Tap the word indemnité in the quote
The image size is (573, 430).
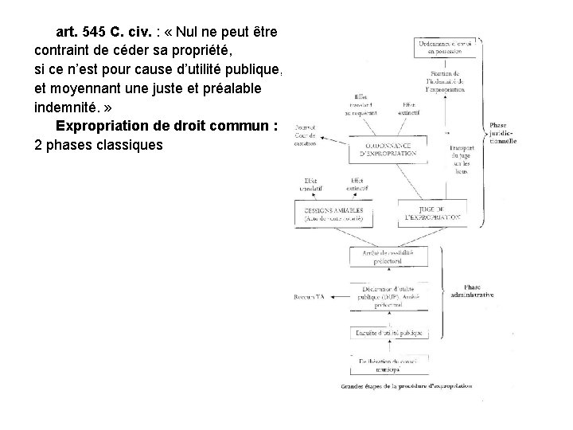(70, 107)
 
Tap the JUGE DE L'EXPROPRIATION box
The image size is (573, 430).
(430, 211)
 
